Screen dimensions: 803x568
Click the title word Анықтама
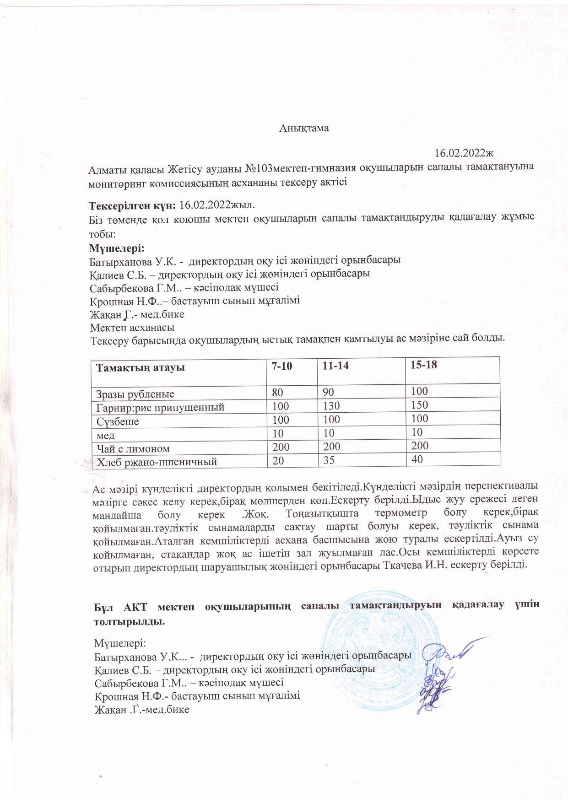pyautogui.click(x=304, y=128)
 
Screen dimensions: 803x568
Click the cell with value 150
pyautogui.click(x=419, y=404)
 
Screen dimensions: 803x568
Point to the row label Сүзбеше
pyautogui.click(x=118, y=421)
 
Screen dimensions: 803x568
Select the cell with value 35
pyautogui.click(x=327, y=460)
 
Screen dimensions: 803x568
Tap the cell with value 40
pyautogui.click(x=417, y=459)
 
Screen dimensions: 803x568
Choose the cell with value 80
pyautogui.click(x=278, y=392)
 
